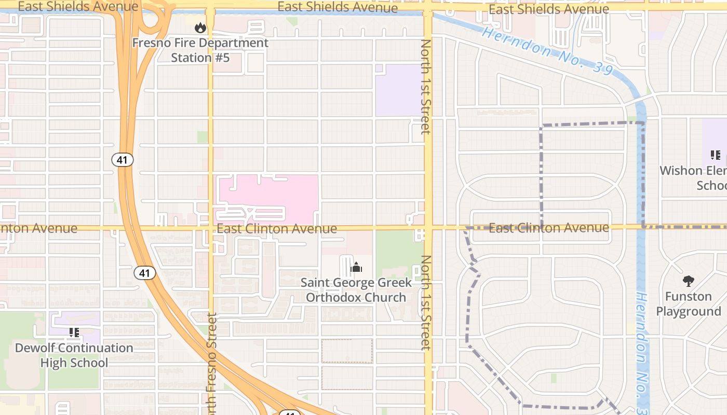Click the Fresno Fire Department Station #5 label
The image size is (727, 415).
click(x=200, y=50)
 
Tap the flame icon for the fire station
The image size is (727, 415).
click(x=200, y=27)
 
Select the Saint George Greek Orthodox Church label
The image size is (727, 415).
click(x=356, y=290)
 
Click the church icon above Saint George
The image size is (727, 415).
click(x=356, y=268)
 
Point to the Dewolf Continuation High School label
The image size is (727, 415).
click(x=74, y=355)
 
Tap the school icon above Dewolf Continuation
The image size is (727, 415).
click(x=74, y=333)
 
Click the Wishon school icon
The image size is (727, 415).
click(x=715, y=155)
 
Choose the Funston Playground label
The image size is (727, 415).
click(x=689, y=304)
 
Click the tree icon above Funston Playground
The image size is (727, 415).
click(x=689, y=281)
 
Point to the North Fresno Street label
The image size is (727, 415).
click(x=212, y=363)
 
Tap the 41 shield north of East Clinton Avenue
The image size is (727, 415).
click(x=123, y=160)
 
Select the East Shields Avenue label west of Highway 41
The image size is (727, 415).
click(x=78, y=7)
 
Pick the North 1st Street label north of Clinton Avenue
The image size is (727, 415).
click(x=426, y=87)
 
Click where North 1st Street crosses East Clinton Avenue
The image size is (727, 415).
click(x=428, y=227)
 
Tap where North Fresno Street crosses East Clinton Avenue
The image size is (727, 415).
click(x=210, y=227)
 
